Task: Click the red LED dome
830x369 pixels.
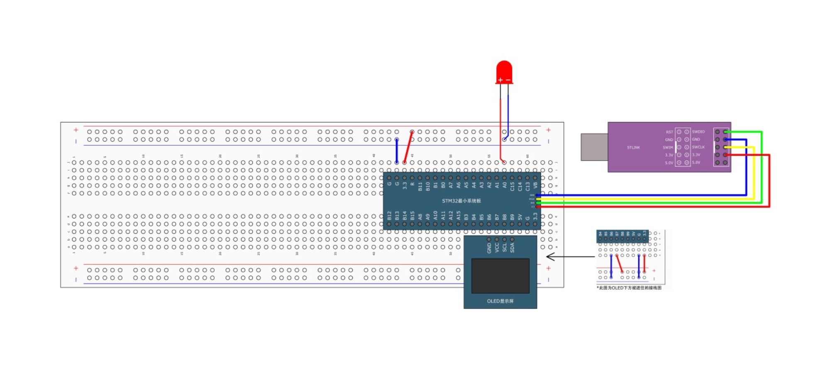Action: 504,71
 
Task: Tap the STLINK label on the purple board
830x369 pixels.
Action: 633,147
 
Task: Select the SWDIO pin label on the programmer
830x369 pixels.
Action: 698,132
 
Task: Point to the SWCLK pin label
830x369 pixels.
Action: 698,147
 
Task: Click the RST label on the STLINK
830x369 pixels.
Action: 669,132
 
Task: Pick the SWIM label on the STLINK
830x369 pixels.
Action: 668,147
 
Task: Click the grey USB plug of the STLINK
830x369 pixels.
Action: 594,147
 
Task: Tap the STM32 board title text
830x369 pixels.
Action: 461,201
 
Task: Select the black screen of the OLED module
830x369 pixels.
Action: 500,276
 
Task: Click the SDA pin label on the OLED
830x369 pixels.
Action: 512,248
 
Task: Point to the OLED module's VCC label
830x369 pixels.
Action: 497,248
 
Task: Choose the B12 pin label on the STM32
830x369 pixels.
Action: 389,215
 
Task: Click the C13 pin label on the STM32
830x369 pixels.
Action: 527,186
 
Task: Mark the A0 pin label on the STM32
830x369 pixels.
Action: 504,186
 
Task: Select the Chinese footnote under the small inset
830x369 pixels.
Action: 630,288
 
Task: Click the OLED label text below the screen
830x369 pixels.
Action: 500,301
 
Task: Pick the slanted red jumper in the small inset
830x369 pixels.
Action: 619,264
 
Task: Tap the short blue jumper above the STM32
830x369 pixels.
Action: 397,151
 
